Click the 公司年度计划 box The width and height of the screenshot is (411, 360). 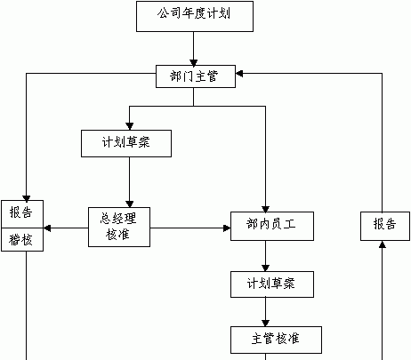195,16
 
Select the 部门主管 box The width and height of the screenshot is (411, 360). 196,76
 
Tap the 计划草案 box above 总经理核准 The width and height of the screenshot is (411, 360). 126,143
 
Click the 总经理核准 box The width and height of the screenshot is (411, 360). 119,227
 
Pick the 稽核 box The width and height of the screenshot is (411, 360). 22,240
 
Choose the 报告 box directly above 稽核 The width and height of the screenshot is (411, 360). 22,214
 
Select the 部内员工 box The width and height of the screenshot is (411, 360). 272,226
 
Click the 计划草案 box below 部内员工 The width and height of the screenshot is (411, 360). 272,284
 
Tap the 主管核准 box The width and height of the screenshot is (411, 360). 276,340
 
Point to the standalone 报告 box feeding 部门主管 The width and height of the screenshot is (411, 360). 385,226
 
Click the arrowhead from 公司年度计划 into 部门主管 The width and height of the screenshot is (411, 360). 194,63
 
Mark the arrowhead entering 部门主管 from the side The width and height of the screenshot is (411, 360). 239,74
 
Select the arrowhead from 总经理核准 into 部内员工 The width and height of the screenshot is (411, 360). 227,228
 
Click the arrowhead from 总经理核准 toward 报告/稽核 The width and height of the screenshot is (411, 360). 47,228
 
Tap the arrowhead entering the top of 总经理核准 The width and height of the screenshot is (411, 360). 130,204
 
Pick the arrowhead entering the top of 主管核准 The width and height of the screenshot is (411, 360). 265,323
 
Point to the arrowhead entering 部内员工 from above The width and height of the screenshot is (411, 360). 265,209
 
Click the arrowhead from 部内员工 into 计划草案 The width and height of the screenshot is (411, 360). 265,268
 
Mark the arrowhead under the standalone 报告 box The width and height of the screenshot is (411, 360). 383,244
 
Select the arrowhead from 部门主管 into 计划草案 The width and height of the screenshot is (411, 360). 130,126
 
